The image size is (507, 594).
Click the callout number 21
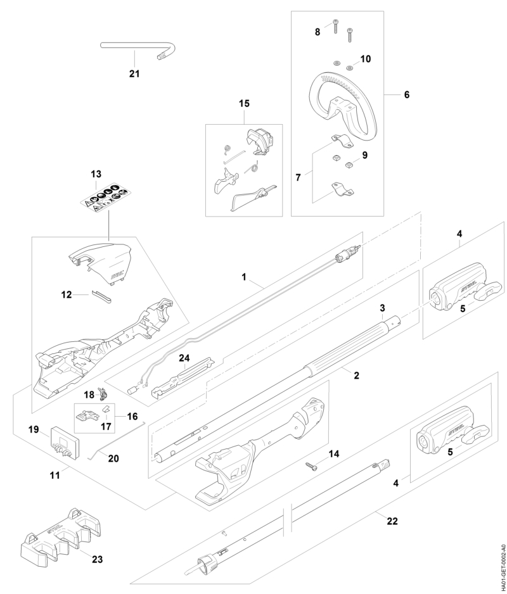(134, 73)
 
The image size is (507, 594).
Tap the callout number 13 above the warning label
(96, 174)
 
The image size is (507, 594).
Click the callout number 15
(245, 103)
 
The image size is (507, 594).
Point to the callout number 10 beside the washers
(366, 59)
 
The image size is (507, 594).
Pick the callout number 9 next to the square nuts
(365, 155)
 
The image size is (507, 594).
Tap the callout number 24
(184, 358)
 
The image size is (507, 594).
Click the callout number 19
(34, 429)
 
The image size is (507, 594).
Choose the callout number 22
(392, 521)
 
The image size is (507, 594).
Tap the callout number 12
(67, 294)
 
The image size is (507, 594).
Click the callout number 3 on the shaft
(382, 307)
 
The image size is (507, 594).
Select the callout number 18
(89, 395)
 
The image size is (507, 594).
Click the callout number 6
(406, 94)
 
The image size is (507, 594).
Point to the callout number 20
(113, 458)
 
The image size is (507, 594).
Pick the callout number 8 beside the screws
(318, 32)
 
